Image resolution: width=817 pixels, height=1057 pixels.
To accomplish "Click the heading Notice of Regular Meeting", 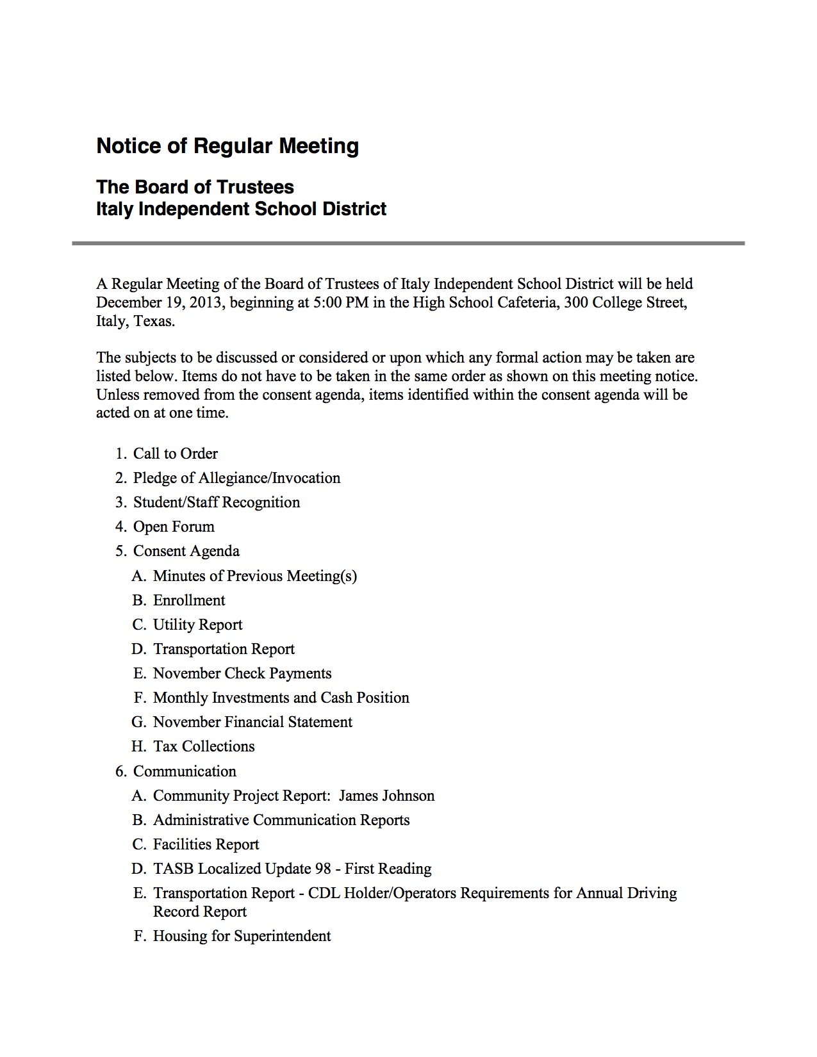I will (227, 146).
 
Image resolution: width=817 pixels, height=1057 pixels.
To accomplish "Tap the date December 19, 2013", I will (160, 302).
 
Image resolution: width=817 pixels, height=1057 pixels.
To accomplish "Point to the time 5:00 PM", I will (341, 302).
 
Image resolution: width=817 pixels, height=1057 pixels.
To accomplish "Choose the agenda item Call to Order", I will (175, 454).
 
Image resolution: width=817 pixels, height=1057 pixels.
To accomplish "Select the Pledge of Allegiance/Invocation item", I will (236, 478).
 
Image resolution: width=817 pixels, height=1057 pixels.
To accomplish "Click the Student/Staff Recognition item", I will (216, 502).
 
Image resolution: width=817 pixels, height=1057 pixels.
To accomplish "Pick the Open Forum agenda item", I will (174, 527).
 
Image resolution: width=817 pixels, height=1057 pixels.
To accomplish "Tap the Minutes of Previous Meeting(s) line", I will (254, 576).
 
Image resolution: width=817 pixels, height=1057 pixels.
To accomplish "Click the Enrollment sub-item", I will (189, 600).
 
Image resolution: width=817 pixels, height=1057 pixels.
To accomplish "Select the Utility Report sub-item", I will (197, 625).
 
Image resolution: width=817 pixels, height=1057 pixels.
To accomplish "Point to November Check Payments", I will (242, 673).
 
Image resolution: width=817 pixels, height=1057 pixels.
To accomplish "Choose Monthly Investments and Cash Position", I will (281, 698).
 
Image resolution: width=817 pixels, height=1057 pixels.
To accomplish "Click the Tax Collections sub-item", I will (204, 746).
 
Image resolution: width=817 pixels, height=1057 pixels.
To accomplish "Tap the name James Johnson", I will (386, 796).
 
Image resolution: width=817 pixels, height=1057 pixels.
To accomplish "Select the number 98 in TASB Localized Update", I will (323, 869).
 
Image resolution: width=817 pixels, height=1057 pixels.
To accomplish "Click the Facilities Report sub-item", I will (206, 844).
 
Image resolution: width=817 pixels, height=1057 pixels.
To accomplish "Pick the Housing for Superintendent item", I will (242, 936).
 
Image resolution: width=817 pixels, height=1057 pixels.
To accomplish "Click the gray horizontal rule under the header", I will (408, 243).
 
